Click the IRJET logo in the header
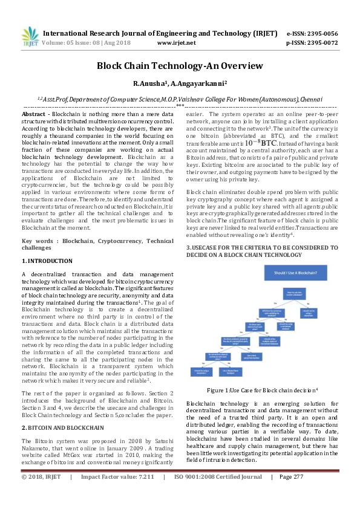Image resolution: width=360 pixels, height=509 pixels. tap(27, 37)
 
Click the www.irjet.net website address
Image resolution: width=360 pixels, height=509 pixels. tap(176, 44)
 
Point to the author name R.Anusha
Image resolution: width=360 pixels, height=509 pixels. tap(150, 83)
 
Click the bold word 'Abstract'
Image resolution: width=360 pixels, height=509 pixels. tap(33, 114)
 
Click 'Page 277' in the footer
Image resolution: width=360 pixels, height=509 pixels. tap(291, 494)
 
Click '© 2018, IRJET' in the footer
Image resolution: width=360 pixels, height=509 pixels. tap(41, 494)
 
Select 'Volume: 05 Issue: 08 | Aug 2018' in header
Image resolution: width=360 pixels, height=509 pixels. tap(84, 44)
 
